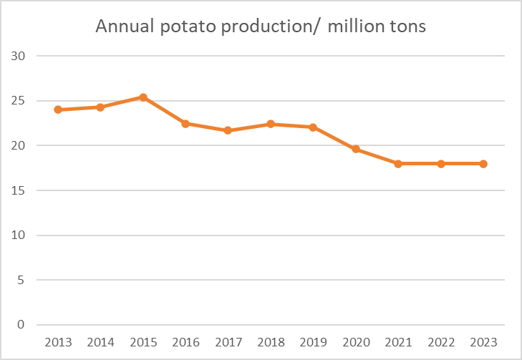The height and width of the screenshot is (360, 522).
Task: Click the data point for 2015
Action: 143,97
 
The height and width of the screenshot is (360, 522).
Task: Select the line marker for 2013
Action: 58,110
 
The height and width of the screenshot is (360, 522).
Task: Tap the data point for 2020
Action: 356,149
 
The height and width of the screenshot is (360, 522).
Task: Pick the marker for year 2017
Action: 228,130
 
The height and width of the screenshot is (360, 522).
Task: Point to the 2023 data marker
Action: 483,163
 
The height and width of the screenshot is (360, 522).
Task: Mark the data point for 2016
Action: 185,124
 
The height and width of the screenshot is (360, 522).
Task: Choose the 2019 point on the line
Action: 314,127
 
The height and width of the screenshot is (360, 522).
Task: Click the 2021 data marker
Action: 398,163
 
